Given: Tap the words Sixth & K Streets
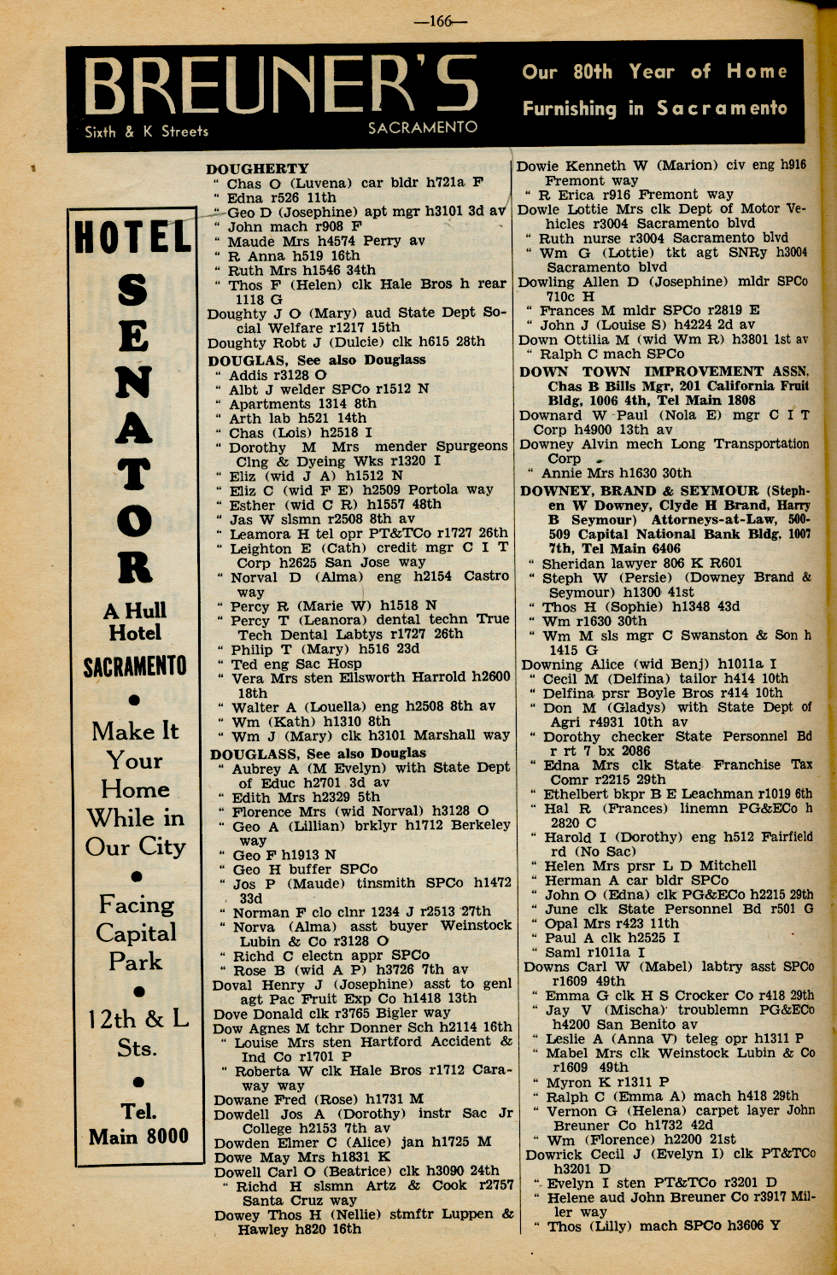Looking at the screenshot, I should (x=146, y=132).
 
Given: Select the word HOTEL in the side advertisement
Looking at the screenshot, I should (x=133, y=237).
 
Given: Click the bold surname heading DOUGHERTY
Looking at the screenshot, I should (x=257, y=168).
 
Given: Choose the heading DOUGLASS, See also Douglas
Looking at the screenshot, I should (x=318, y=753).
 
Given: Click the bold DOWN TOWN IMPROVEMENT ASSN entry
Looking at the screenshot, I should (x=664, y=371).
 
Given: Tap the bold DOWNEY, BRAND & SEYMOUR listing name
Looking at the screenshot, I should (x=640, y=491).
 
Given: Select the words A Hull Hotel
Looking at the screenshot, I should (x=135, y=622).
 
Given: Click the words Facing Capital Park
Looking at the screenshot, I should (x=137, y=933).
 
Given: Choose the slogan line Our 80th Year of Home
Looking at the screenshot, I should (x=654, y=72).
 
